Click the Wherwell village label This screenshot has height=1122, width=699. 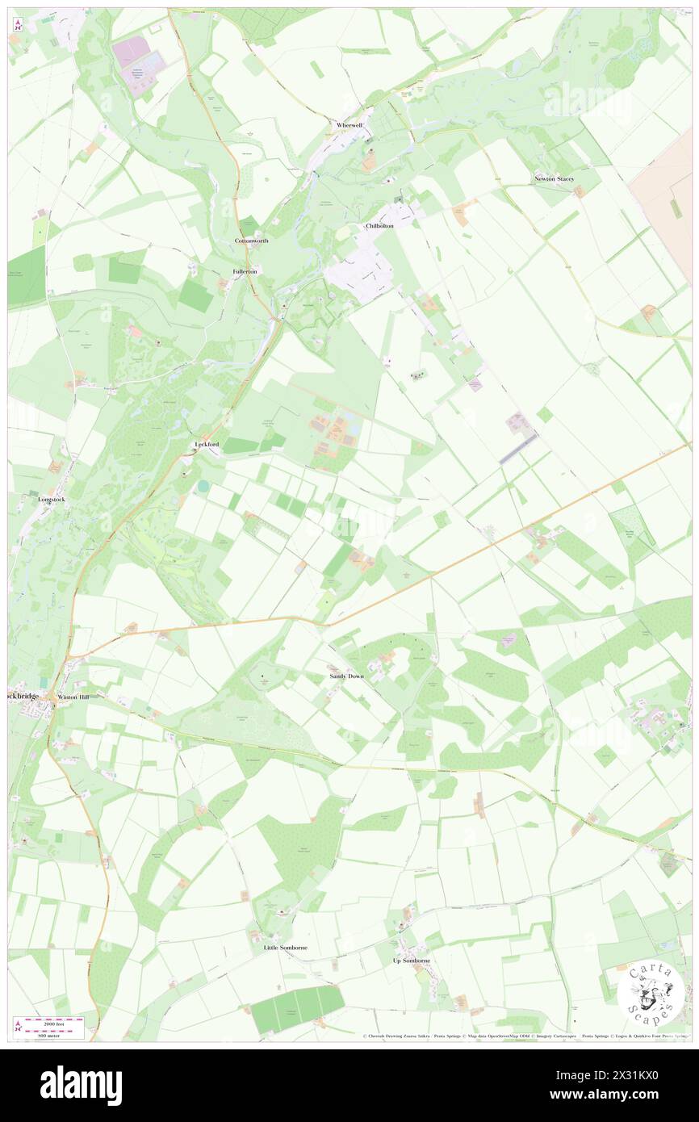click(350, 126)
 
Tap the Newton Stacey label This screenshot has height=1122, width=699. click(554, 178)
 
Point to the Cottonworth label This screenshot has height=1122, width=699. click(251, 241)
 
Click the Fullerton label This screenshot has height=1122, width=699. click(245, 271)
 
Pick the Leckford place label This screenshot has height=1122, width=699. click(207, 445)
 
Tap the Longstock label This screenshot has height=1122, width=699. click(51, 500)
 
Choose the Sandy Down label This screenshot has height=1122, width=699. click(347, 676)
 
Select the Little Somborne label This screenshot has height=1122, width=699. click(286, 947)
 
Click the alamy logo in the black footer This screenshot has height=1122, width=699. click(81, 1086)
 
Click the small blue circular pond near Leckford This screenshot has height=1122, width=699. click(202, 487)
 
